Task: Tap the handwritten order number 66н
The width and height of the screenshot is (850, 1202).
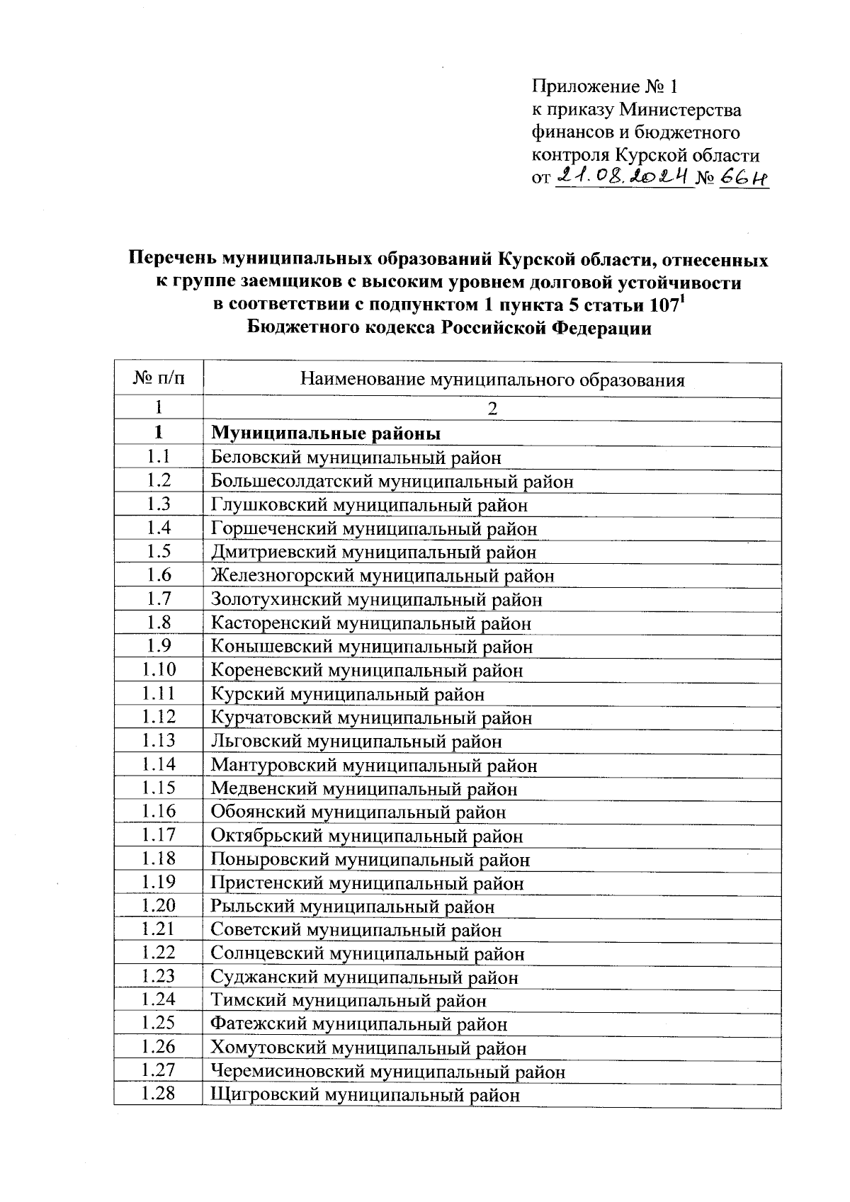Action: pyautogui.click(x=743, y=177)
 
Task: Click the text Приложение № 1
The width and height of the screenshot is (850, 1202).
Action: pyautogui.click(x=605, y=87)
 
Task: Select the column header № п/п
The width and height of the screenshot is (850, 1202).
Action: pyautogui.click(x=159, y=379)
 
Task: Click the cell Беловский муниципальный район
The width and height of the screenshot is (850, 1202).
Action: pyautogui.click(x=356, y=458)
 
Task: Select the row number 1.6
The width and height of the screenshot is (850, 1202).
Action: pyautogui.click(x=159, y=575)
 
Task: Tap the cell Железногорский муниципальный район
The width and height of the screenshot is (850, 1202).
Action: pyautogui.click(x=382, y=576)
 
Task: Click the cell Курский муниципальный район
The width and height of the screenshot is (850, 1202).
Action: pyautogui.click(x=348, y=694)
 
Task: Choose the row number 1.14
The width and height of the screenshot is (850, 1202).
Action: pyautogui.click(x=159, y=764)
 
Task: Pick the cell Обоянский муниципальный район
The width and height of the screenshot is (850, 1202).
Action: pyautogui.click(x=358, y=812)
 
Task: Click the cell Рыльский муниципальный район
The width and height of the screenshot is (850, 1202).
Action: pyautogui.click(x=353, y=907)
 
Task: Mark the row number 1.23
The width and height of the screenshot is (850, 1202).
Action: pyautogui.click(x=159, y=977)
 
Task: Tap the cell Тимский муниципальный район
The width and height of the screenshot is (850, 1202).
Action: pyautogui.click(x=348, y=1001)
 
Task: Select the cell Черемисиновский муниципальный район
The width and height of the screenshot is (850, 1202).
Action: pyautogui.click(x=388, y=1072)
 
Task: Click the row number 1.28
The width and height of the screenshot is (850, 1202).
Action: pyautogui.click(x=159, y=1094)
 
